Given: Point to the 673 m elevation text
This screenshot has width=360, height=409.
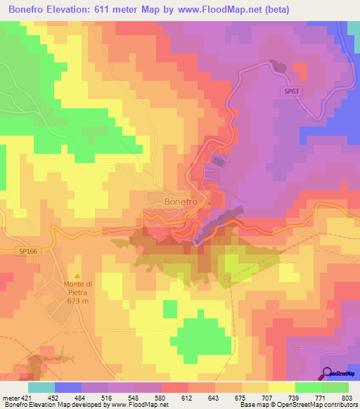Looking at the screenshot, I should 77,300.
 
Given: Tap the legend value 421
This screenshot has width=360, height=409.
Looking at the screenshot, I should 27,398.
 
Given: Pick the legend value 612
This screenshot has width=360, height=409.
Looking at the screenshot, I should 188,398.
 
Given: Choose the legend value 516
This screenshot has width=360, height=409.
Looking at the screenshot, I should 108,398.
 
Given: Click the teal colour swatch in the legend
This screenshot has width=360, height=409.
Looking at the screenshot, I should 41,387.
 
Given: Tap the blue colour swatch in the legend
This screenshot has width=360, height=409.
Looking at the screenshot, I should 68,387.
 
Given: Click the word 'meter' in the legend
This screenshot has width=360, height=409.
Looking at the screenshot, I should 10,398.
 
